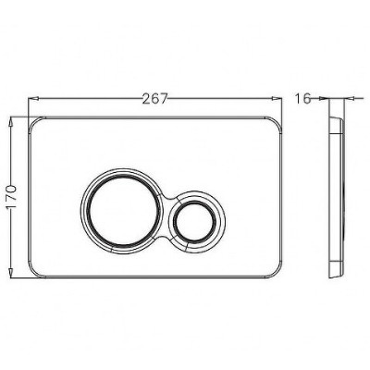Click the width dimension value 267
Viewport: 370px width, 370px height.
[x=155, y=99]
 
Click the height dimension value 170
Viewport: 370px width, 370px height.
[x=12, y=197]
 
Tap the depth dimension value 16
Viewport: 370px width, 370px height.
[x=302, y=99]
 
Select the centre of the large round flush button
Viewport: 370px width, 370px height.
[x=121, y=212]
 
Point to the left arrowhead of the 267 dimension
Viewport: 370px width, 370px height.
[x=33, y=99]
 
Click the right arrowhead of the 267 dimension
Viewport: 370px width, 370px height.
[x=277, y=99]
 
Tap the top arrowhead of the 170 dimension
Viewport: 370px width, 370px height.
[x=11, y=121]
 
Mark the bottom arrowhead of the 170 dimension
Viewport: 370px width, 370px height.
[x=11, y=273]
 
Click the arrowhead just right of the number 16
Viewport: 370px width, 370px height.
[x=323, y=99]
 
